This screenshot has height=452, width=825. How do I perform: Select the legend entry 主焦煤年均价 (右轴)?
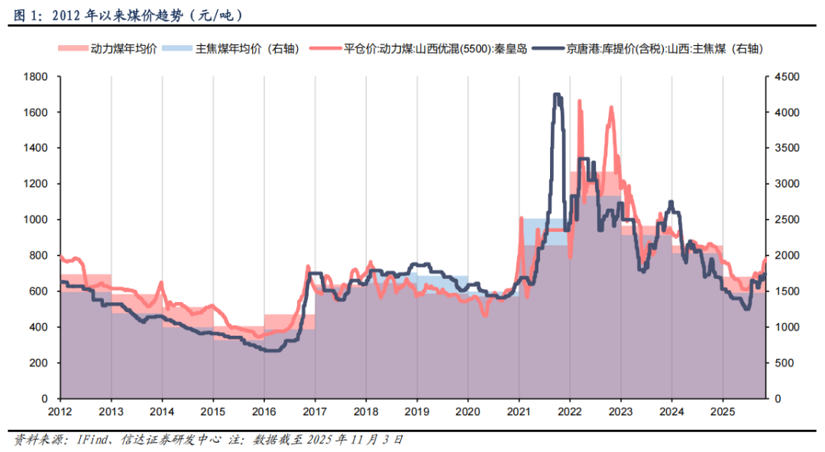click(x=230, y=49)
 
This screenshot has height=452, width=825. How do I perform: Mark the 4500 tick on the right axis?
click(x=785, y=76)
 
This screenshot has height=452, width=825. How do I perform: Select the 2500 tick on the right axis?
click(x=785, y=219)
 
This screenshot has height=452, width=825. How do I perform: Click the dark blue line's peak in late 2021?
click(x=557, y=95)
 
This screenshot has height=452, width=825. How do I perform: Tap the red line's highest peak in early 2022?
click(x=580, y=101)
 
